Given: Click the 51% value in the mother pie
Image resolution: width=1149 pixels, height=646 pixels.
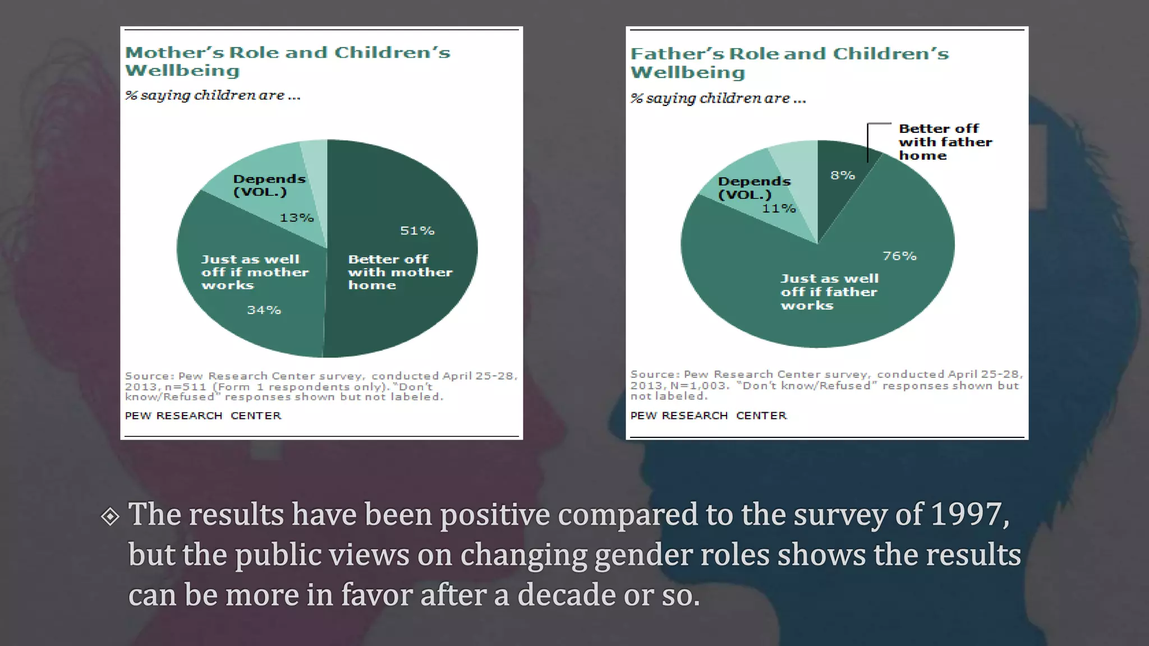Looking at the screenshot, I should click(x=417, y=230).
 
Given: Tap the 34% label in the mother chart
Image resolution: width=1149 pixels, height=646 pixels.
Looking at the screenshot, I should click(x=264, y=310).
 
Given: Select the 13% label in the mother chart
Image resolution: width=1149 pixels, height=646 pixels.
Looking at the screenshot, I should click(x=296, y=218).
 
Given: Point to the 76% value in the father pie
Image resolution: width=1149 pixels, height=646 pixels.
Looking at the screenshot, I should click(x=899, y=256).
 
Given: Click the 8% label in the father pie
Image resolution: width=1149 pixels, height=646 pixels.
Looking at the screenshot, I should click(x=843, y=176).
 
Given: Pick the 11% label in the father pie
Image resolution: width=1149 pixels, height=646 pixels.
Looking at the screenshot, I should click(x=779, y=209).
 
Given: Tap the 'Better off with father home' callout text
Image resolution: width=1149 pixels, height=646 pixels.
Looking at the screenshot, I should click(x=945, y=142).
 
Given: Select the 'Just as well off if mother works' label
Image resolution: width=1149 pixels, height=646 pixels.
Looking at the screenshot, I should click(x=254, y=272).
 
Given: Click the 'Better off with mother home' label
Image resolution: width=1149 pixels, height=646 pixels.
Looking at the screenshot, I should click(x=399, y=272).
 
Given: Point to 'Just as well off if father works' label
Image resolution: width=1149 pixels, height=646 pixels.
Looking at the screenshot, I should click(x=829, y=292).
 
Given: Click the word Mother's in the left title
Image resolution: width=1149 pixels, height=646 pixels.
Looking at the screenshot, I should click(x=173, y=53).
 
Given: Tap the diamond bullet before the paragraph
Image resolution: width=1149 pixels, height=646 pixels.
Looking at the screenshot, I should click(x=111, y=516).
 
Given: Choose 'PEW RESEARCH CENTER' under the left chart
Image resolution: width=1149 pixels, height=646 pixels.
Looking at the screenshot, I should click(x=203, y=416).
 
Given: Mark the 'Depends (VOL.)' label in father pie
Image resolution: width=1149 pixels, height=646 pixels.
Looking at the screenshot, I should click(x=753, y=188).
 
